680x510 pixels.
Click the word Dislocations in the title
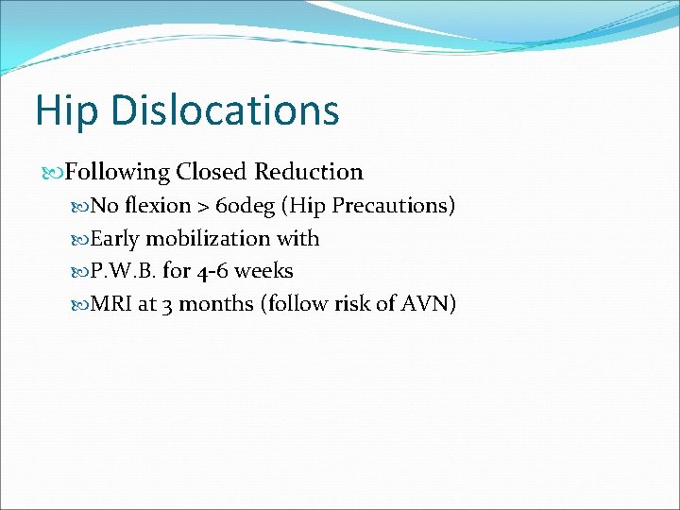click(x=225, y=110)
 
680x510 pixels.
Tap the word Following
click(x=117, y=173)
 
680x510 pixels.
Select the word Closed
click(x=212, y=172)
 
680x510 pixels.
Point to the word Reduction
click(x=309, y=172)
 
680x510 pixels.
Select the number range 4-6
click(x=212, y=271)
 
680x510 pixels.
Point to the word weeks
click(x=263, y=271)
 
